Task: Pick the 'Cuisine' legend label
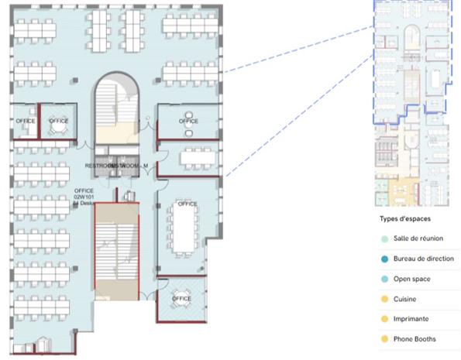pyautogui.click(x=407, y=299)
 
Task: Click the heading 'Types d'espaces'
pyautogui.click(x=401, y=218)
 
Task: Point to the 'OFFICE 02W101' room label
pyautogui.click(x=84, y=194)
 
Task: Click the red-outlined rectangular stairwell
pyautogui.click(x=116, y=252)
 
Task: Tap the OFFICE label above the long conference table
pyautogui.click(x=187, y=204)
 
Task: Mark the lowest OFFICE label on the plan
pyautogui.click(x=181, y=299)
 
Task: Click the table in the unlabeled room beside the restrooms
pyautogui.click(x=197, y=158)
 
